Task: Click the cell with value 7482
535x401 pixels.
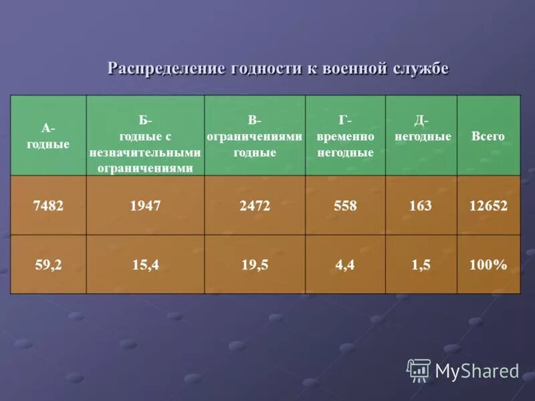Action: click(48, 206)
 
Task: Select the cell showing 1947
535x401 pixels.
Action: click(146, 206)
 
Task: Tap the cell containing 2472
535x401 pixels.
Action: click(255, 206)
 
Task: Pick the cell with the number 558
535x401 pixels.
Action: click(345, 206)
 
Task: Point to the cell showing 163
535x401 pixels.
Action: click(421, 206)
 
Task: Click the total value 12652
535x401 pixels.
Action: click(488, 206)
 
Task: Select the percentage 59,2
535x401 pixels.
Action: click(48, 265)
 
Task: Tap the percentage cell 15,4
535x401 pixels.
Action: click(146, 265)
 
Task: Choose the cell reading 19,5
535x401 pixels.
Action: click(255, 265)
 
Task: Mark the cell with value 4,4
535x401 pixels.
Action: click(345, 265)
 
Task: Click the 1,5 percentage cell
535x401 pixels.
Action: click(421, 265)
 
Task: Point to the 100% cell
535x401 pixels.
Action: click(488, 265)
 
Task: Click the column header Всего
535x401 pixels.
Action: click(488, 136)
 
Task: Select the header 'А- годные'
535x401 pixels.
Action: click(48, 136)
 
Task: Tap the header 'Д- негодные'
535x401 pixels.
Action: click(421, 129)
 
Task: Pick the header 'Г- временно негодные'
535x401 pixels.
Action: click(345, 136)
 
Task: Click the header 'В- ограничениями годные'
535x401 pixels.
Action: click(255, 136)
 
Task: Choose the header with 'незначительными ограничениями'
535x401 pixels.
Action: click(146, 144)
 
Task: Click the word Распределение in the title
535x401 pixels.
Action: click(167, 69)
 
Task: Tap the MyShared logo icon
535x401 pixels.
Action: click(419, 370)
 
